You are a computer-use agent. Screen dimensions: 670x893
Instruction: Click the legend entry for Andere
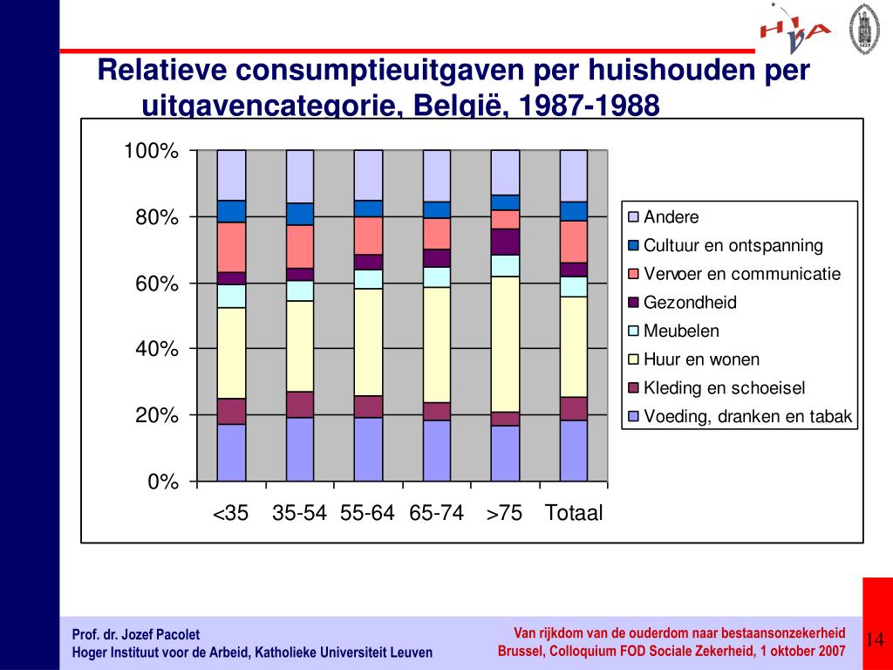(671, 217)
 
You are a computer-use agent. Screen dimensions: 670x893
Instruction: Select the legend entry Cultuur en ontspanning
(733, 246)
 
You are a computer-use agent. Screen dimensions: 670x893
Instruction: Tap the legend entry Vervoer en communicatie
(742, 274)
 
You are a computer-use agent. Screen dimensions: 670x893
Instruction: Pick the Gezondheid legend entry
(690, 303)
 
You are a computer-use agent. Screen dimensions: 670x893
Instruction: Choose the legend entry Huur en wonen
(701, 359)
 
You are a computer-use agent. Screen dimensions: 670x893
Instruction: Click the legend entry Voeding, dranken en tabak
(747, 417)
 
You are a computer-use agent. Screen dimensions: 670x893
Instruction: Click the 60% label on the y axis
(157, 284)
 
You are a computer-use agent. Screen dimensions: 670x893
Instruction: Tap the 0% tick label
(163, 482)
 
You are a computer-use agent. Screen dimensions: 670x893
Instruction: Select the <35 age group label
(231, 513)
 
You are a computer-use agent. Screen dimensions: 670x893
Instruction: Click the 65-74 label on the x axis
(436, 513)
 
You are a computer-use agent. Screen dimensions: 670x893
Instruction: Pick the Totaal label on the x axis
(573, 513)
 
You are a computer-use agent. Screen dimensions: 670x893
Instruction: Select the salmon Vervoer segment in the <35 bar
(231, 247)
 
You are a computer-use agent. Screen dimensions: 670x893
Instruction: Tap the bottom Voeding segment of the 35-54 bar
(300, 448)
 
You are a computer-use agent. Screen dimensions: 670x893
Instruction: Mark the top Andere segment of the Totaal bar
(573, 175)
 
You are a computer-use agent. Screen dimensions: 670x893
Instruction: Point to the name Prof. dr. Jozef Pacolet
(135, 634)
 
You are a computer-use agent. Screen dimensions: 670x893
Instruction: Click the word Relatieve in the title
(160, 70)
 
